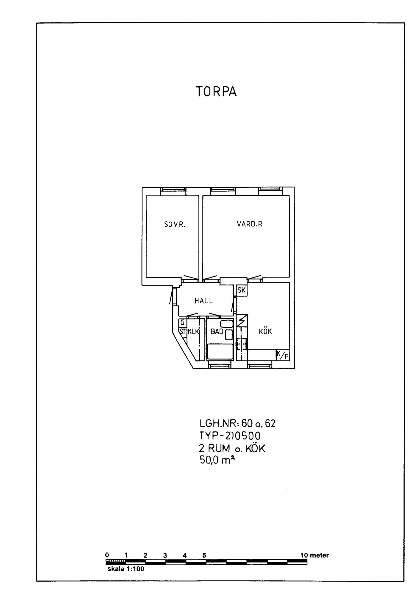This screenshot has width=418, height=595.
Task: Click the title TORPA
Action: click(x=216, y=92)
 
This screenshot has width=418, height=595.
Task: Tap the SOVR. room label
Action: click(x=175, y=225)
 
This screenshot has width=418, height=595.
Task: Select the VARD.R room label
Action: click(x=250, y=224)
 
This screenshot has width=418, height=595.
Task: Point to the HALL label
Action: click(x=204, y=301)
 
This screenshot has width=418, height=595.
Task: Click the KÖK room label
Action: click(x=265, y=331)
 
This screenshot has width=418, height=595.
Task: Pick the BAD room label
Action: click(x=217, y=331)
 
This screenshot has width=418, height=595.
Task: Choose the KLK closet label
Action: click(x=193, y=331)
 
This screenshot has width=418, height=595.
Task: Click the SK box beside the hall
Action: click(x=242, y=290)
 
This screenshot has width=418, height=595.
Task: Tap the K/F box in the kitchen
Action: click(x=283, y=355)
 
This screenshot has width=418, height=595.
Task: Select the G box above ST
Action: click(x=182, y=322)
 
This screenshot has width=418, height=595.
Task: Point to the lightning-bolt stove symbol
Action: click(x=242, y=321)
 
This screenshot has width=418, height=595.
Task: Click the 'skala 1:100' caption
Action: click(x=126, y=569)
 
